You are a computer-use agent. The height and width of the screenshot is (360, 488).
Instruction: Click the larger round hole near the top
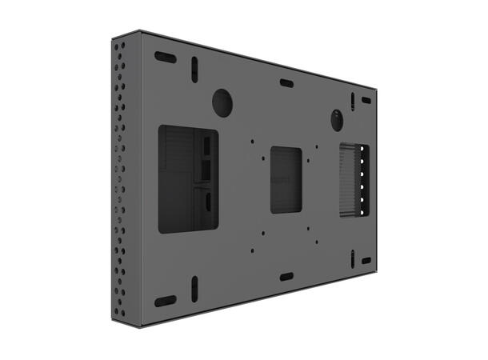tap(221, 102)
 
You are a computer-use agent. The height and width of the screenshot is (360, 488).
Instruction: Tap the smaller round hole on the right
tap(337, 119)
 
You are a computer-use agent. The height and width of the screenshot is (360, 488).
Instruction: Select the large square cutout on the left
tap(188, 178)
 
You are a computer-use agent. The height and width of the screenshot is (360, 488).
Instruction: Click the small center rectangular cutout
tap(286, 180)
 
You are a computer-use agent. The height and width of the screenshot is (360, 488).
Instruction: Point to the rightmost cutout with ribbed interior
tap(351, 181)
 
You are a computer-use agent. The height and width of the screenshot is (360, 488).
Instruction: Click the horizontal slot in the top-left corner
tap(166, 58)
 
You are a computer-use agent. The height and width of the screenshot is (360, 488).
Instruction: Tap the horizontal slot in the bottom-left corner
tap(165, 301)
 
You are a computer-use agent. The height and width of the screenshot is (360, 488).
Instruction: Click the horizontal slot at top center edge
tap(286, 83)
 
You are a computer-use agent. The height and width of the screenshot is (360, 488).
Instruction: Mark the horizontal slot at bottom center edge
tap(286, 277)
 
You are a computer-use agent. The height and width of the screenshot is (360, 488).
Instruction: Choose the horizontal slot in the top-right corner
tap(366, 101)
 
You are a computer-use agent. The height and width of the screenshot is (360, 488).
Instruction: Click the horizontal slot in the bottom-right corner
tap(366, 261)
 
